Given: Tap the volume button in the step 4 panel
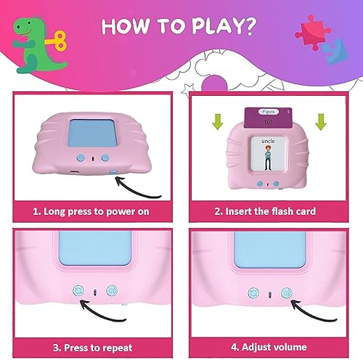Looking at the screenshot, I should [x=287, y=293].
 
